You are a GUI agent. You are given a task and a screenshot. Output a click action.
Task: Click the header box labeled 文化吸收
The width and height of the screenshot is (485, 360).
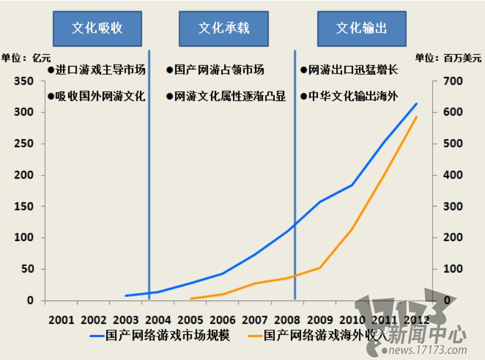coord(97,28)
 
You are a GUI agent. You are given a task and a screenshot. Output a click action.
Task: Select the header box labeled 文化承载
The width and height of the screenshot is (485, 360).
coord(224,28)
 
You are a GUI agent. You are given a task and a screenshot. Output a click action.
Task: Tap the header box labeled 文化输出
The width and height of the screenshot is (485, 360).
coord(362,28)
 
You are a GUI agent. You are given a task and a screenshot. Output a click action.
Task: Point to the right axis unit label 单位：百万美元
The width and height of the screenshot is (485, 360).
coord(448,58)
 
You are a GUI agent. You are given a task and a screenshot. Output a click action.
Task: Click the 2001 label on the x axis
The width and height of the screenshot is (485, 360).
coord(61,320)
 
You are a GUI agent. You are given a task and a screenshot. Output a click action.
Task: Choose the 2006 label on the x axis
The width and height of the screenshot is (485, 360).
coord(222,320)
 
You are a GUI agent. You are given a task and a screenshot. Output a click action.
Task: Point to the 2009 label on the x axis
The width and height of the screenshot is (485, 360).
coord(320,320)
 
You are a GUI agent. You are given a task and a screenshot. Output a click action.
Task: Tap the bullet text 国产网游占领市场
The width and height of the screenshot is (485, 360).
coord(215,70)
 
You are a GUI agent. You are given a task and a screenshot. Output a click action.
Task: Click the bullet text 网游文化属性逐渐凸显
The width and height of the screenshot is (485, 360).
coord(226,97)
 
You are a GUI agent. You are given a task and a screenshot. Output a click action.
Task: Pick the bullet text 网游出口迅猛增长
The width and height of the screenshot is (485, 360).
coord(349,70)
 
